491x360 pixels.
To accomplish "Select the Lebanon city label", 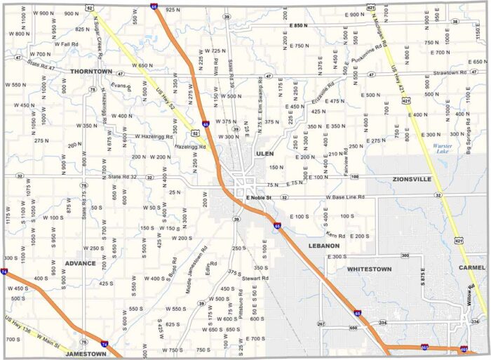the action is [323, 246].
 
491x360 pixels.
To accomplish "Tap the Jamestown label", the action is [86, 354].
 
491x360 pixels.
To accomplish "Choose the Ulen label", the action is [264, 153].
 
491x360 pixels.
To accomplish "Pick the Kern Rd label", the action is [336, 234].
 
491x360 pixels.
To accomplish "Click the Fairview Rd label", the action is [347, 164].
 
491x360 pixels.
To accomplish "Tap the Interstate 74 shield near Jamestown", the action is [104, 344].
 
